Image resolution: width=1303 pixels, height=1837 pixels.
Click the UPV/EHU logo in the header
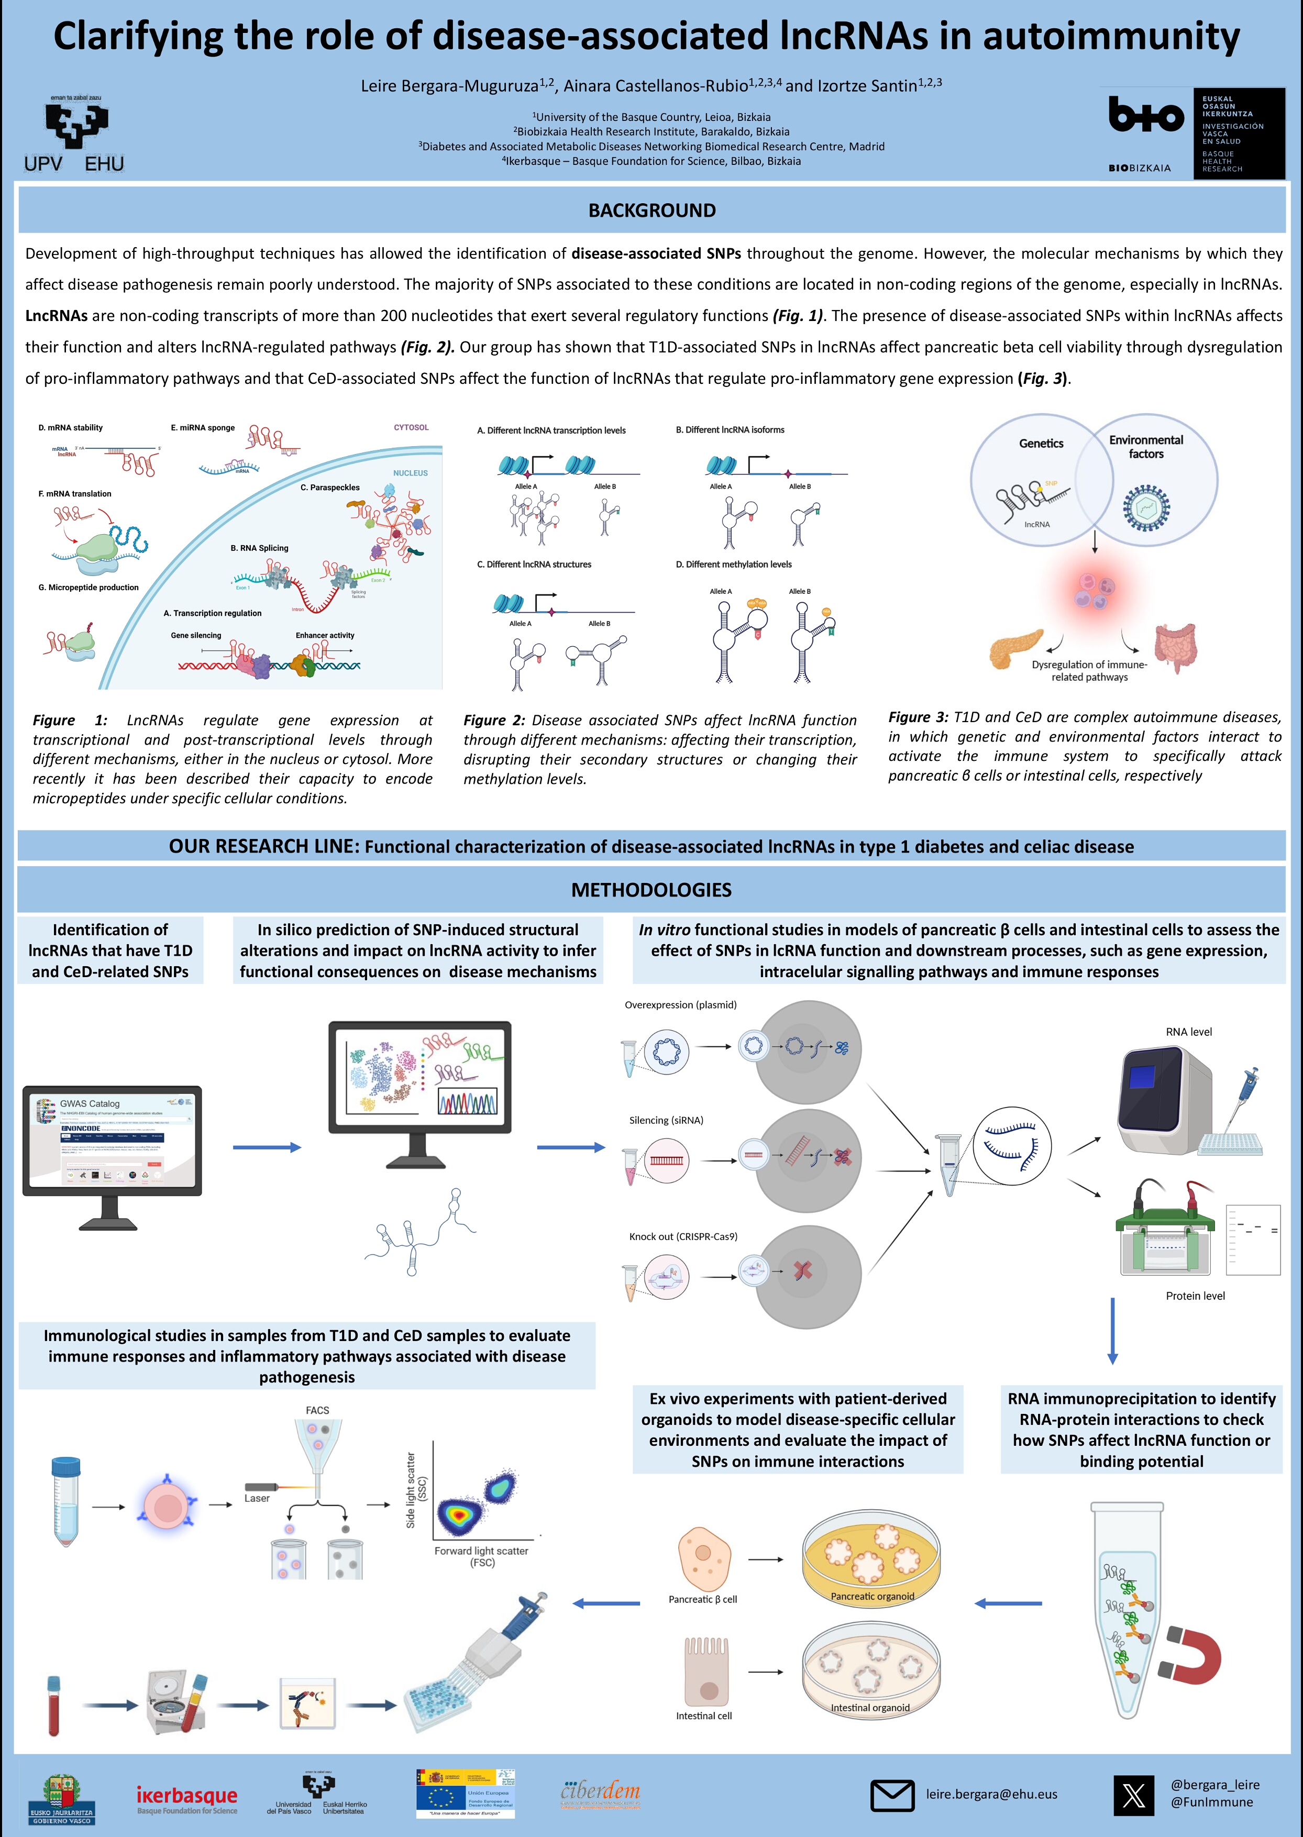(74, 135)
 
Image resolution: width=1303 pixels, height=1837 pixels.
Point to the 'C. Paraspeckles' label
(330, 488)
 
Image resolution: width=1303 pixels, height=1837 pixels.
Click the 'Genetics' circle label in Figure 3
(1041, 444)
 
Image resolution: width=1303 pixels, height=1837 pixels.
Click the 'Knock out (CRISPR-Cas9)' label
(683, 1236)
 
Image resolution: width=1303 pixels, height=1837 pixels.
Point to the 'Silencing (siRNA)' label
(666, 1121)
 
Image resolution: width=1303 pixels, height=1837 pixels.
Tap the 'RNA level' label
(1188, 1032)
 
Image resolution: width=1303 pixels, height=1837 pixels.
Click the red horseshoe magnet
(1191, 1655)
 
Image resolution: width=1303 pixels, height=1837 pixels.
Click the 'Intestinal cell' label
(704, 1716)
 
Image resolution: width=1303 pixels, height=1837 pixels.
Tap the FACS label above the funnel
(317, 1410)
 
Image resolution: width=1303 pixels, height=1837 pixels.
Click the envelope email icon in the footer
(891, 1795)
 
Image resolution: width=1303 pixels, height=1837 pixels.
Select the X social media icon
(1134, 1795)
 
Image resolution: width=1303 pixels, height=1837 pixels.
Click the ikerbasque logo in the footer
(187, 1798)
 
